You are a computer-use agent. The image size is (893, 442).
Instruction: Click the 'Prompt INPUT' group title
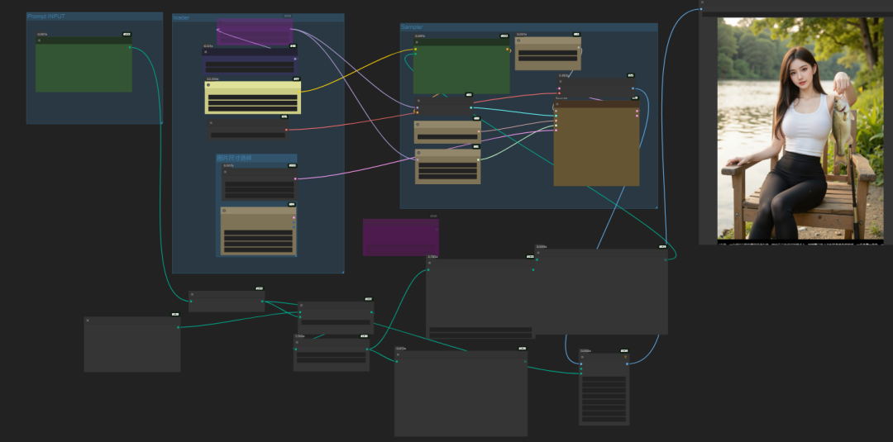pos(46,17)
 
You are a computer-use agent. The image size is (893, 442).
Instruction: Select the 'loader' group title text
pos(181,17)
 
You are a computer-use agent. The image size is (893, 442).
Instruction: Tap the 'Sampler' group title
pos(412,27)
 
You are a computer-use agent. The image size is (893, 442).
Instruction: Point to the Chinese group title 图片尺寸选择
pos(234,158)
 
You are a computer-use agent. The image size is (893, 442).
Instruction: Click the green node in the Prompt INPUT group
pos(84,66)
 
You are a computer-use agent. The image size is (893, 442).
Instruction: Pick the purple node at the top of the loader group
pos(254,33)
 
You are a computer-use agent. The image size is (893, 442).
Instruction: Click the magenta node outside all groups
pos(400,237)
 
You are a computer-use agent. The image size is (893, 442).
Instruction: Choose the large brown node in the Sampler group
pos(596,145)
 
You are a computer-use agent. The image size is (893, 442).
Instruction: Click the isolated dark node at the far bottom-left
pos(132,345)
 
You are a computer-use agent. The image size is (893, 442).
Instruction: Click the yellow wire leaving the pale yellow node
pos(356,74)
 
